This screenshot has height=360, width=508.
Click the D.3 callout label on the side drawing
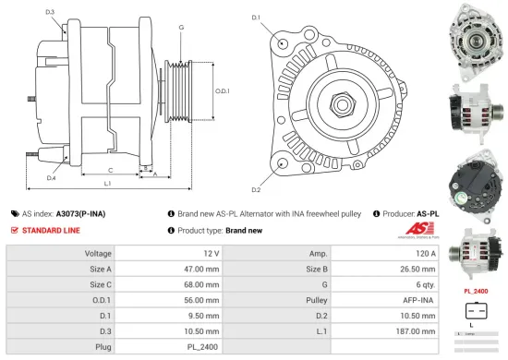[x=49, y=12]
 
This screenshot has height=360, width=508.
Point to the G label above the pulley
[x=181, y=28]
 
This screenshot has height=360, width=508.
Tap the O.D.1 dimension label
[x=222, y=90]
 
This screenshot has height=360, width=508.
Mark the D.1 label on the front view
[x=256, y=18]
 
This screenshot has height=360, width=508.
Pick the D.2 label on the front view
[x=256, y=189]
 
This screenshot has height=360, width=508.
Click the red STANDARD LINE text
[x=51, y=229]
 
